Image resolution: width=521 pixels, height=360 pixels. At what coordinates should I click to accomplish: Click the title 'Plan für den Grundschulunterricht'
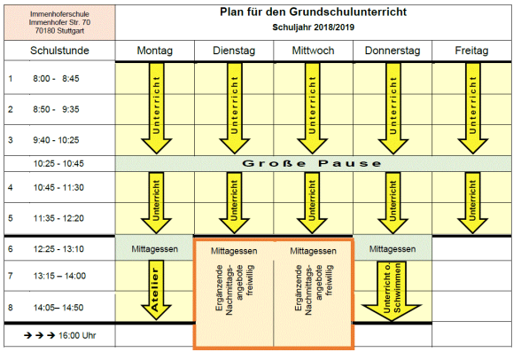click(313, 12)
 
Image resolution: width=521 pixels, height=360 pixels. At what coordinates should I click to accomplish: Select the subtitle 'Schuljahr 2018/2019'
click(313, 27)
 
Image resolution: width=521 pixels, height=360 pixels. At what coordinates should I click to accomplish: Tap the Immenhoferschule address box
click(59, 22)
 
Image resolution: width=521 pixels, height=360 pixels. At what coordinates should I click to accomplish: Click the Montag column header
click(155, 51)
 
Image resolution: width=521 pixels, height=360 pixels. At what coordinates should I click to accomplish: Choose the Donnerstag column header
click(393, 51)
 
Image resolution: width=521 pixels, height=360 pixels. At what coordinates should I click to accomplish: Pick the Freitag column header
click(471, 51)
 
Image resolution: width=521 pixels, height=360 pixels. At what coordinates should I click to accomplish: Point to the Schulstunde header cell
click(59, 51)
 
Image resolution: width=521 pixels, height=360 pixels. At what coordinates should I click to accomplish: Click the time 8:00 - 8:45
click(56, 78)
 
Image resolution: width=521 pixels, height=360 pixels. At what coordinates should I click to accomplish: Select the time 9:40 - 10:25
click(56, 140)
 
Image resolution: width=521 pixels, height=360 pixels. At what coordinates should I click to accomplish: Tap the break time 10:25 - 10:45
click(58, 163)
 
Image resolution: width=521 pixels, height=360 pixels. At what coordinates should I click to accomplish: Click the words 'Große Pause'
click(312, 163)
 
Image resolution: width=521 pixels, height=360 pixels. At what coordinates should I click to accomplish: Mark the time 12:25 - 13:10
click(58, 248)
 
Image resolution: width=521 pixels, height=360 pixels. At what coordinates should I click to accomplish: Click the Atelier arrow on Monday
click(156, 290)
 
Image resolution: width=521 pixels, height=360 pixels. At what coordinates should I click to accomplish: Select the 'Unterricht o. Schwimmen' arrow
click(392, 292)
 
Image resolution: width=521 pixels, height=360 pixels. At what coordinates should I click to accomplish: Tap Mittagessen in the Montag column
click(155, 249)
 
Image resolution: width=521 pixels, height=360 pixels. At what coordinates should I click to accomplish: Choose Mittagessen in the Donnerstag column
click(393, 249)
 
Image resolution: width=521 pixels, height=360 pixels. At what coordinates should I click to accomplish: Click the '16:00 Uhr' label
click(77, 335)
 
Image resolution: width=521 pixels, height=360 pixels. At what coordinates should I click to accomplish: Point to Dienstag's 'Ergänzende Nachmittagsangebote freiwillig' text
click(234, 289)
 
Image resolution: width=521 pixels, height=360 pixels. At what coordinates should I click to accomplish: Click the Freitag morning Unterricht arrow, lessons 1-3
click(472, 108)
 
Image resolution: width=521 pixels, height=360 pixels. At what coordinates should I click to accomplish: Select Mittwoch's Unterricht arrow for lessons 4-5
click(312, 203)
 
